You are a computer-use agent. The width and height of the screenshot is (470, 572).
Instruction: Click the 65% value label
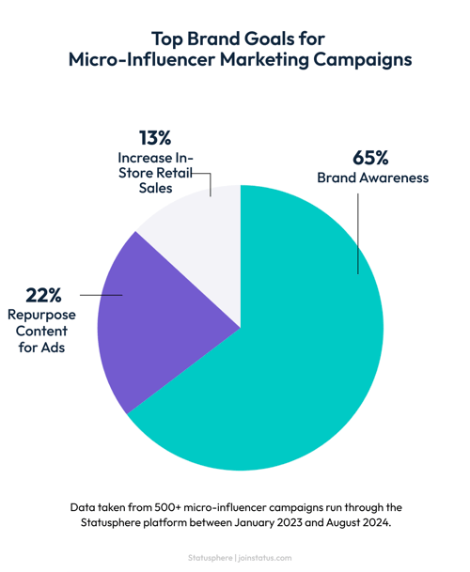click(x=370, y=156)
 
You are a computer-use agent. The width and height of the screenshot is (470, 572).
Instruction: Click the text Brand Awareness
click(x=372, y=177)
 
